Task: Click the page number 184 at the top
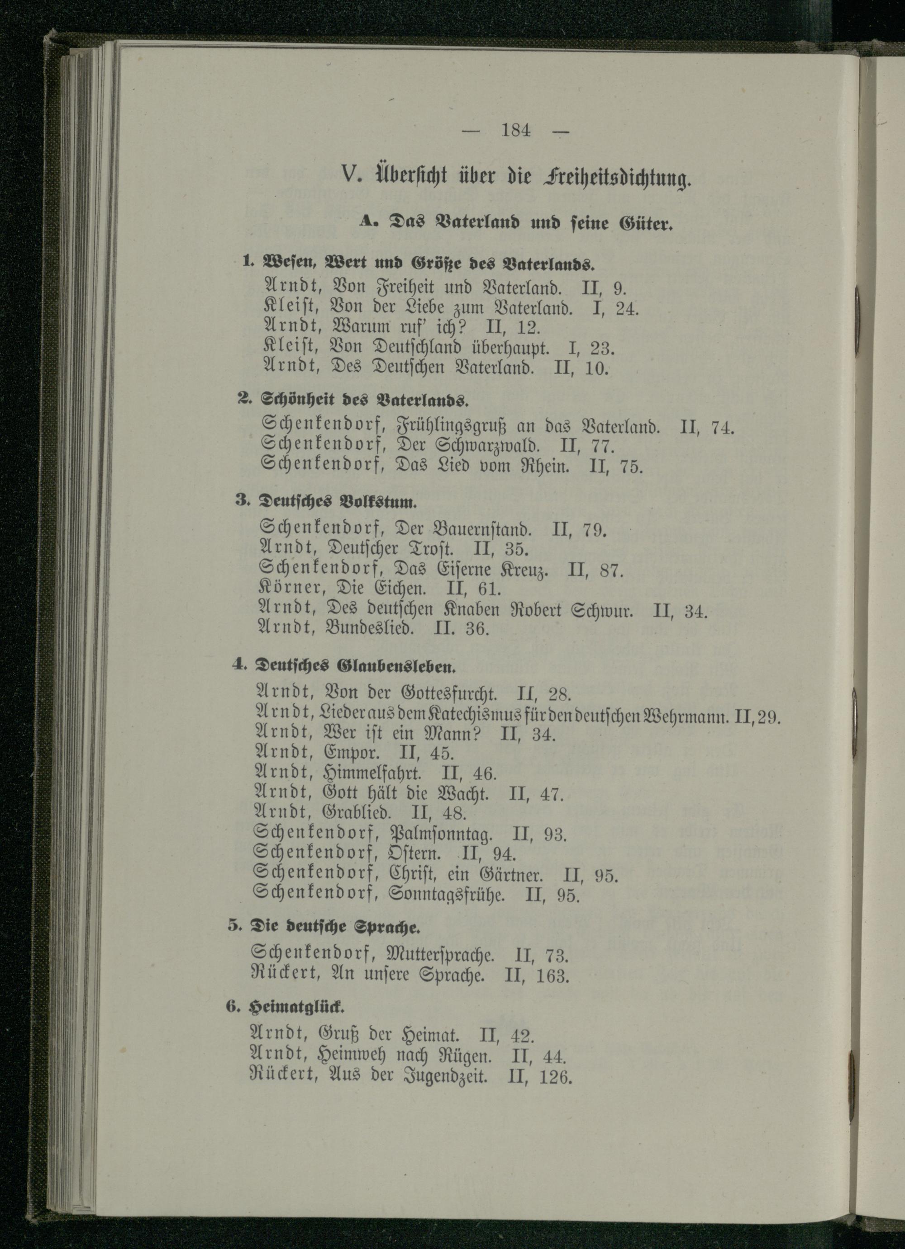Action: (x=516, y=131)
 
